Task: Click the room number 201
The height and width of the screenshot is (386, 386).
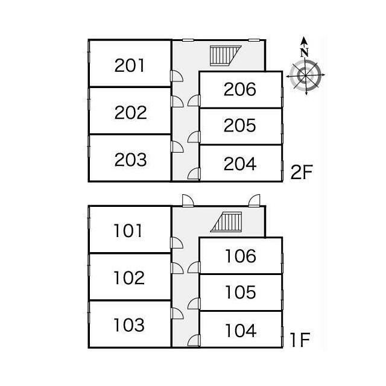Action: pyautogui.click(x=130, y=65)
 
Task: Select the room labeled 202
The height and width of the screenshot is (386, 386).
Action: pyautogui.click(x=130, y=113)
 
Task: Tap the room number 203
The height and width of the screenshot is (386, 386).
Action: pyautogui.click(x=130, y=160)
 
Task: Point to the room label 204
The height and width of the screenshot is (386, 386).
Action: pyautogui.click(x=240, y=163)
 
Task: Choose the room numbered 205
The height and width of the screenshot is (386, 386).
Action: pyautogui.click(x=240, y=125)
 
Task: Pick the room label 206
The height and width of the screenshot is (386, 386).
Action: pyautogui.click(x=240, y=90)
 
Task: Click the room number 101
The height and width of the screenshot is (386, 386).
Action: pyautogui.click(x=128, y=230)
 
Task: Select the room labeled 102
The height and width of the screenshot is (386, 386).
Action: pyautogui.click(x=128, y=278)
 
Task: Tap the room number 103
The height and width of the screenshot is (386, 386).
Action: pyautogui.click(x=128, y=325)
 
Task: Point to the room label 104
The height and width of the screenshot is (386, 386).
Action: pyautogui.click(x=241, y=331)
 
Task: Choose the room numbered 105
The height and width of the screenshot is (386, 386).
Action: pyautogui.click(x=241, y=293)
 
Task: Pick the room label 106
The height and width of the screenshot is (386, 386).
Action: pyautogui.click(x=241, y=256)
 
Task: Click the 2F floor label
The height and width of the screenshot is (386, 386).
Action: pyautogui.click(x=301, y=173)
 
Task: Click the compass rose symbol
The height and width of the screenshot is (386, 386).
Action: pyautogui.click(x=305, y=75)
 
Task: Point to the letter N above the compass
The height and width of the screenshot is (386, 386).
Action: pyautogui.click(x=305, y=52)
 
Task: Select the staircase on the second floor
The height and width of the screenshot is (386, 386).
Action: pyautogui.click(x=224, y=55)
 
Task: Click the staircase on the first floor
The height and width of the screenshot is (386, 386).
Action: pyautogui.click(x=227, y=222)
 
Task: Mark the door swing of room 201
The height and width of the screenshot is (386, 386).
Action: pyautogui.click(x=177, y=76)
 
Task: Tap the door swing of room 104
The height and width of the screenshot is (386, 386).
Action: pyautogui.click(x=194, y=341)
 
